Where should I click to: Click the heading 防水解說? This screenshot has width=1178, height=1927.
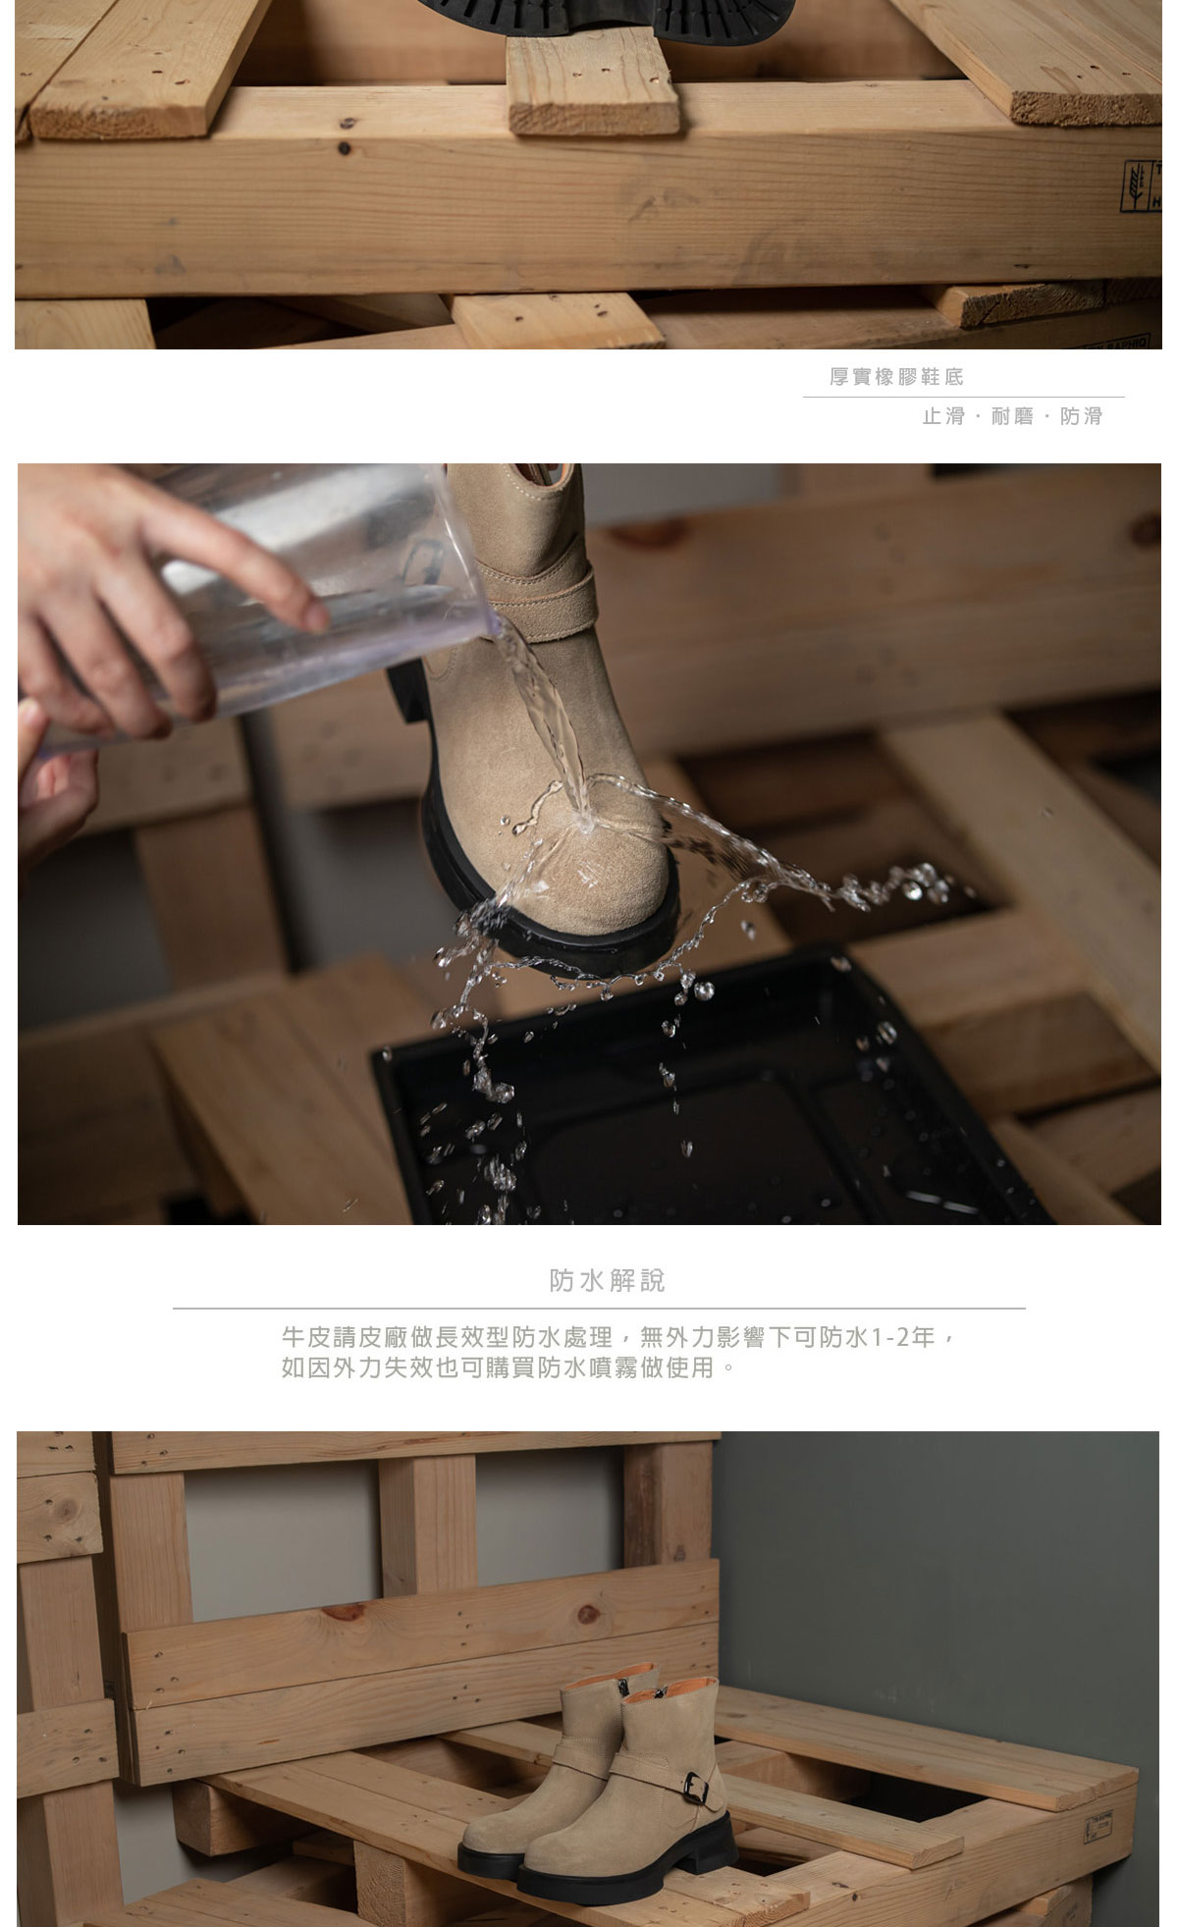[x=607, y=1280]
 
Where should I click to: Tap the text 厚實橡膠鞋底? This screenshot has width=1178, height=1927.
[x=896, y=377]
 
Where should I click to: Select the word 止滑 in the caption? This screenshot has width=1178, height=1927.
[x=942, y=416]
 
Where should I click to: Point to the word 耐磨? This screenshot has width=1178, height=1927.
[x=1012, y=416]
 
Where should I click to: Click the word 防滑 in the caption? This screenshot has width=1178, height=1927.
[x=1081, y=416]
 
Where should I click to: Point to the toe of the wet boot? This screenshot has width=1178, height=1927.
[x=599, y=883]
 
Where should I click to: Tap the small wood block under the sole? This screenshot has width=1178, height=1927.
[x=593, y=80]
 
